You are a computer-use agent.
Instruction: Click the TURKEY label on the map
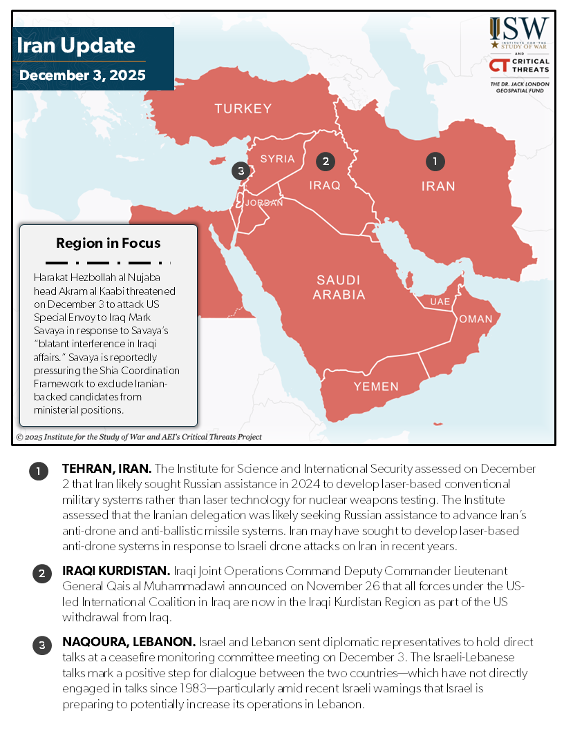tap(243, 108)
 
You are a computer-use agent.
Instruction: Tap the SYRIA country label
tap(277, 159)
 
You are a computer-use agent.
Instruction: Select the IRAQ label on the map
tap(324, 185)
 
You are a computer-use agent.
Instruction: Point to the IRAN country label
tap(438, 186)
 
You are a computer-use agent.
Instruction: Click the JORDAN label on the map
tap(264, 203)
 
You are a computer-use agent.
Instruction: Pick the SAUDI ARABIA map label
tap(338, 287)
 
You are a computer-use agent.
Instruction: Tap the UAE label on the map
tap(440, 302)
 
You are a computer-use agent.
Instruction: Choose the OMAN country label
tap(476, 319)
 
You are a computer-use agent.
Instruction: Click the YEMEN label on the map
tap(376, 387)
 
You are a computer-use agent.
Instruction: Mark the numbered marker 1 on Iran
tap(435, 161)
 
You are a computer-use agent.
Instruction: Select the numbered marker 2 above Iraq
tap(325, 161)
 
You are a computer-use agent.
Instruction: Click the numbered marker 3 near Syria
tap(240, 171)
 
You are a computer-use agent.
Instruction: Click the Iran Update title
tap(75, 46)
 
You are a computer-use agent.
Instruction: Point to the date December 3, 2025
tap(82, 75)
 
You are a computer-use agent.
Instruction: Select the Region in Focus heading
tap(108, 243)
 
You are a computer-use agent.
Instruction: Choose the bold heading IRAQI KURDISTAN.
tap(110, 572)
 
